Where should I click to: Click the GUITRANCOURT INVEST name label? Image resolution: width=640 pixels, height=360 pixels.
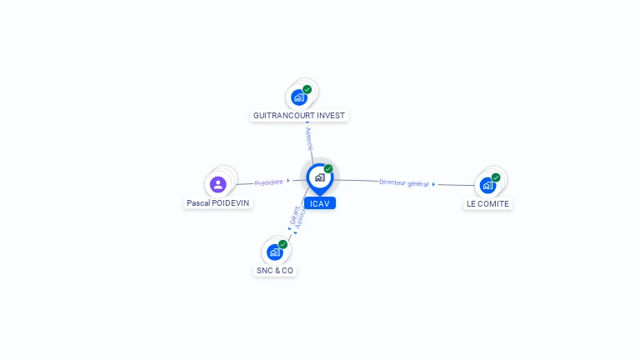click(x=299, y=116)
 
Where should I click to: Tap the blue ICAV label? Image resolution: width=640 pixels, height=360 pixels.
click(x=320, y=203)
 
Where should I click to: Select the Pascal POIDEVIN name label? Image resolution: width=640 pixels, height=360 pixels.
click(x=217, y=202)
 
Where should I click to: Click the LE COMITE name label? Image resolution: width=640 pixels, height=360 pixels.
click(x=487, y=203)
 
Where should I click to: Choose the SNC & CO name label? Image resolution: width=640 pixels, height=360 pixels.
click(x=275, y=271)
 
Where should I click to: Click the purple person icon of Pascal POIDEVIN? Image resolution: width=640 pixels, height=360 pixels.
click(x=218, y=184)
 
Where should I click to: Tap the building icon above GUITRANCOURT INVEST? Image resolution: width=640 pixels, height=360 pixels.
click(x=299, y=97)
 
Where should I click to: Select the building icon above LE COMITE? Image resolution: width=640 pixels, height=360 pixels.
click(x=487, y=185)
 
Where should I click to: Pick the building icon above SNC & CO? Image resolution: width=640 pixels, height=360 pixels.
click(x=274, y=252)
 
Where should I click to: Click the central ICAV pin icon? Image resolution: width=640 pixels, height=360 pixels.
click(x=319, y=177)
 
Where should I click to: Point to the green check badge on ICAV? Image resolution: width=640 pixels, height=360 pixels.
click(x=328, y=169)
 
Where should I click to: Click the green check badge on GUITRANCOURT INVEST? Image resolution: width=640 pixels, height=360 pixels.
click(x=307, y=89)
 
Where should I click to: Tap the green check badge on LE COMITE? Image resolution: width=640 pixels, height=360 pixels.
click(x=496, y=177)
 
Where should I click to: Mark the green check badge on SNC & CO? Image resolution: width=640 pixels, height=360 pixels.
click(x=282, y=244)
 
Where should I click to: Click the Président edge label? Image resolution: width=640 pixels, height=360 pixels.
click(x=269, y=182)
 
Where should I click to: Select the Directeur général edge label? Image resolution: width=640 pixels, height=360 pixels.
click(x=403, y=182)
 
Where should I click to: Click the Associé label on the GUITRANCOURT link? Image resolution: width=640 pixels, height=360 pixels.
click(x=309, y=138)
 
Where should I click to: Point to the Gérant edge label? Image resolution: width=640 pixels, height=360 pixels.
click(x=294, y=215)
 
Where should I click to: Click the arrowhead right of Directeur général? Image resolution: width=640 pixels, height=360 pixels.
click(x=433, y=183)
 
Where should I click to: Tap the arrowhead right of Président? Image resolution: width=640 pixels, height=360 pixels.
click(x=288, y=180)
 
